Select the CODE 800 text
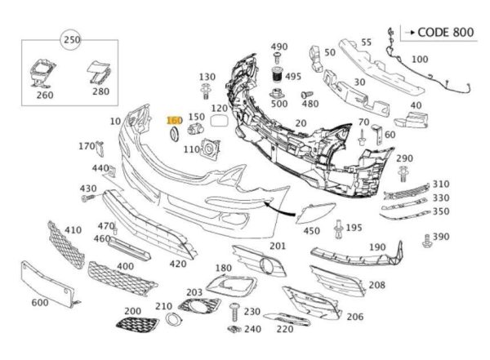pos(445,33)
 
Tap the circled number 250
pos(71,40)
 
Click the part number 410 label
pos(73,231)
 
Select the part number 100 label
pos(419,60)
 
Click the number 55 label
pos(366,42)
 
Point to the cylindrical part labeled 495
pos(278,78)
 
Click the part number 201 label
pos(278,246)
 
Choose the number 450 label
pos(311,230)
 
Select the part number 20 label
pos(301,123)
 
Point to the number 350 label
pos(441,211)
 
